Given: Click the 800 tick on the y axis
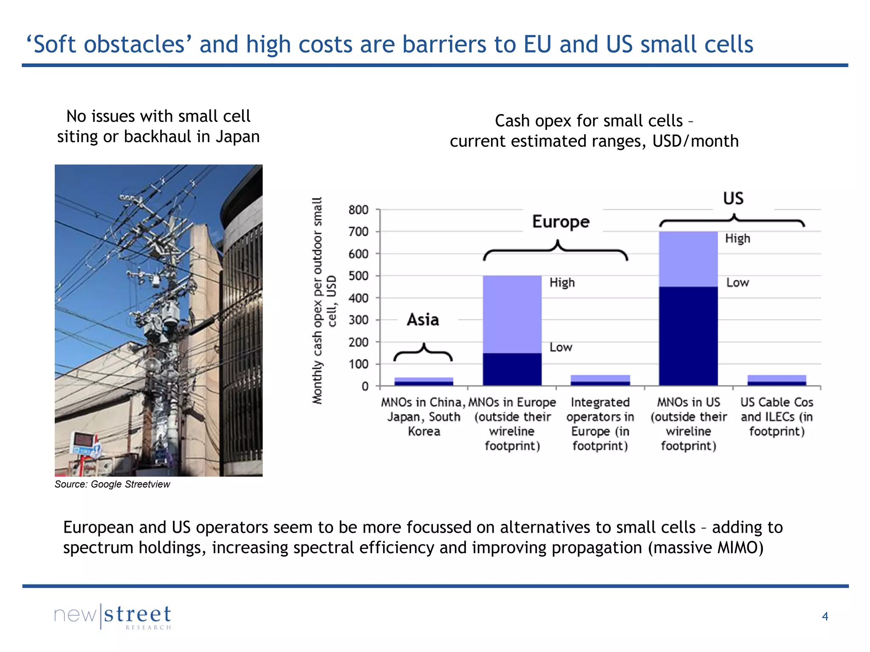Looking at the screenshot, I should [358, 210].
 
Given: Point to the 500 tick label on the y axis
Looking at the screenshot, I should [358, 276].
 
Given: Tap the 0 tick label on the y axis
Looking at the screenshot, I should [365, 386].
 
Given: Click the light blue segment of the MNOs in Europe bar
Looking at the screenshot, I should [512, 314].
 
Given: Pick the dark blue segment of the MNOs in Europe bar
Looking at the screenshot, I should [512, 369].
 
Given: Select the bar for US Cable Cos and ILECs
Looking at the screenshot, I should [777, 380].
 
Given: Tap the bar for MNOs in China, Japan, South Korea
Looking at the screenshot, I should [424, 381].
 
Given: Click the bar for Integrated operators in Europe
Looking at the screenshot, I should [600, 380].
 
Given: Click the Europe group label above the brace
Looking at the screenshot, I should [561, 222].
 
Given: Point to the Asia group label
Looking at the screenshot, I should [423, 320].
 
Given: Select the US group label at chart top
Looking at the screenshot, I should [733, 199].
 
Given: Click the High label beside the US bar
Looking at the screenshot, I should [737, 239].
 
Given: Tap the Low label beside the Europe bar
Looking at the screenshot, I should [561, 347].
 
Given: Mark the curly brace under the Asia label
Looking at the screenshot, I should [423, 352].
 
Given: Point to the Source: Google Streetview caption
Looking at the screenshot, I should [112, 484].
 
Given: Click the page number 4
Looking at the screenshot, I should [825, 616].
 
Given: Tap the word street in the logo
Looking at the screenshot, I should [138, 614].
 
